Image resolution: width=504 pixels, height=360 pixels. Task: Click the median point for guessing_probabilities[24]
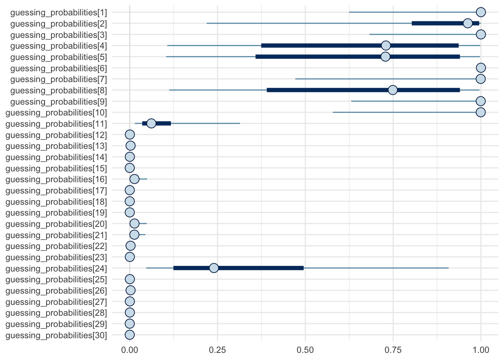(214, 268)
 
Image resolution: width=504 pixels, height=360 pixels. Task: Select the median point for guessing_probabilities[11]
(151, 123)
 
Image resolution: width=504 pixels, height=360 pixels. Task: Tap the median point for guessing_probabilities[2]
(468, 23)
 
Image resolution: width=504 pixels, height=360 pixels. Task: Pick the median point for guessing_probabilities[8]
(393, 90)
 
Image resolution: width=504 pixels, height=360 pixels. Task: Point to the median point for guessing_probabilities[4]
(385, 46)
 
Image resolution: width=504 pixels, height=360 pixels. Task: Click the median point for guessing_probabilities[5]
(385, 57)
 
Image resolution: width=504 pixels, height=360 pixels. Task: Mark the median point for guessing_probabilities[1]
(481, 12)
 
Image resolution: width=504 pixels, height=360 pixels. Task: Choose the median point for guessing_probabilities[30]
(130, 335)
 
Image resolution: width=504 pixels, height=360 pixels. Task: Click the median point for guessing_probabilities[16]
(134, 179)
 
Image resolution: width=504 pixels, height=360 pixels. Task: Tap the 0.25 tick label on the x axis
(217, 350)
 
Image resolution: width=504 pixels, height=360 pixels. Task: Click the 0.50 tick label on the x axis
(305, 350)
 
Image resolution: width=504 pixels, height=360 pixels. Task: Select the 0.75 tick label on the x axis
(393, 350)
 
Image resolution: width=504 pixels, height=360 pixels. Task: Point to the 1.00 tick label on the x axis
(481, 350)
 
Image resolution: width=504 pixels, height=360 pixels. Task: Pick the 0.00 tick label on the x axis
(130, 350)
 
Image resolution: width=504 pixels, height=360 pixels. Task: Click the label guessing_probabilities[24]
(56, 268)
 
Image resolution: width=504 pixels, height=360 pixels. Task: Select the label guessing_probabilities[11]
(56, 124)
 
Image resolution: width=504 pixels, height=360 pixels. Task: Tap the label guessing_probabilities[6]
(58, 68)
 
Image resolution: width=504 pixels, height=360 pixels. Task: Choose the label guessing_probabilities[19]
(56, 213)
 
